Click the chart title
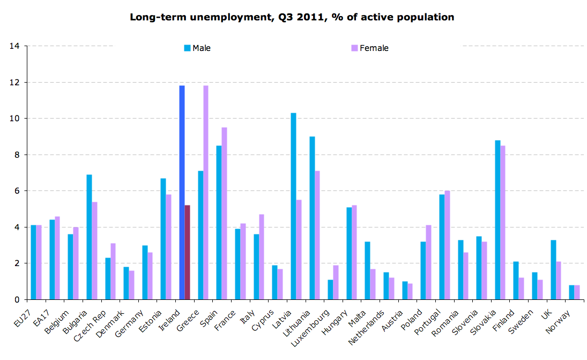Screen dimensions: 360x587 tap(292, 17)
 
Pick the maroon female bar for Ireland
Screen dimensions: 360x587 tap(187, 252)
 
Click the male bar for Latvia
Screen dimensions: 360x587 tap(293, 206)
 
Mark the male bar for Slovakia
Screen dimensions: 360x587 tap(497, 219)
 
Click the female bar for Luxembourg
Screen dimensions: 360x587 tap(336, 282)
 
